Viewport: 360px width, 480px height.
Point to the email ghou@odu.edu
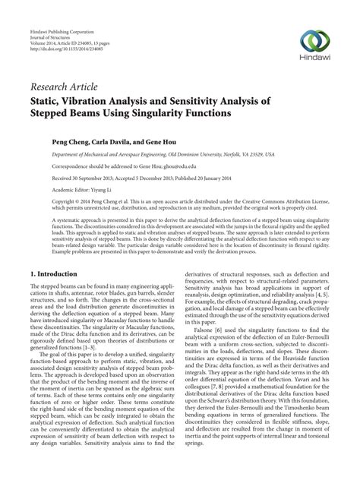coord(166,164)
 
